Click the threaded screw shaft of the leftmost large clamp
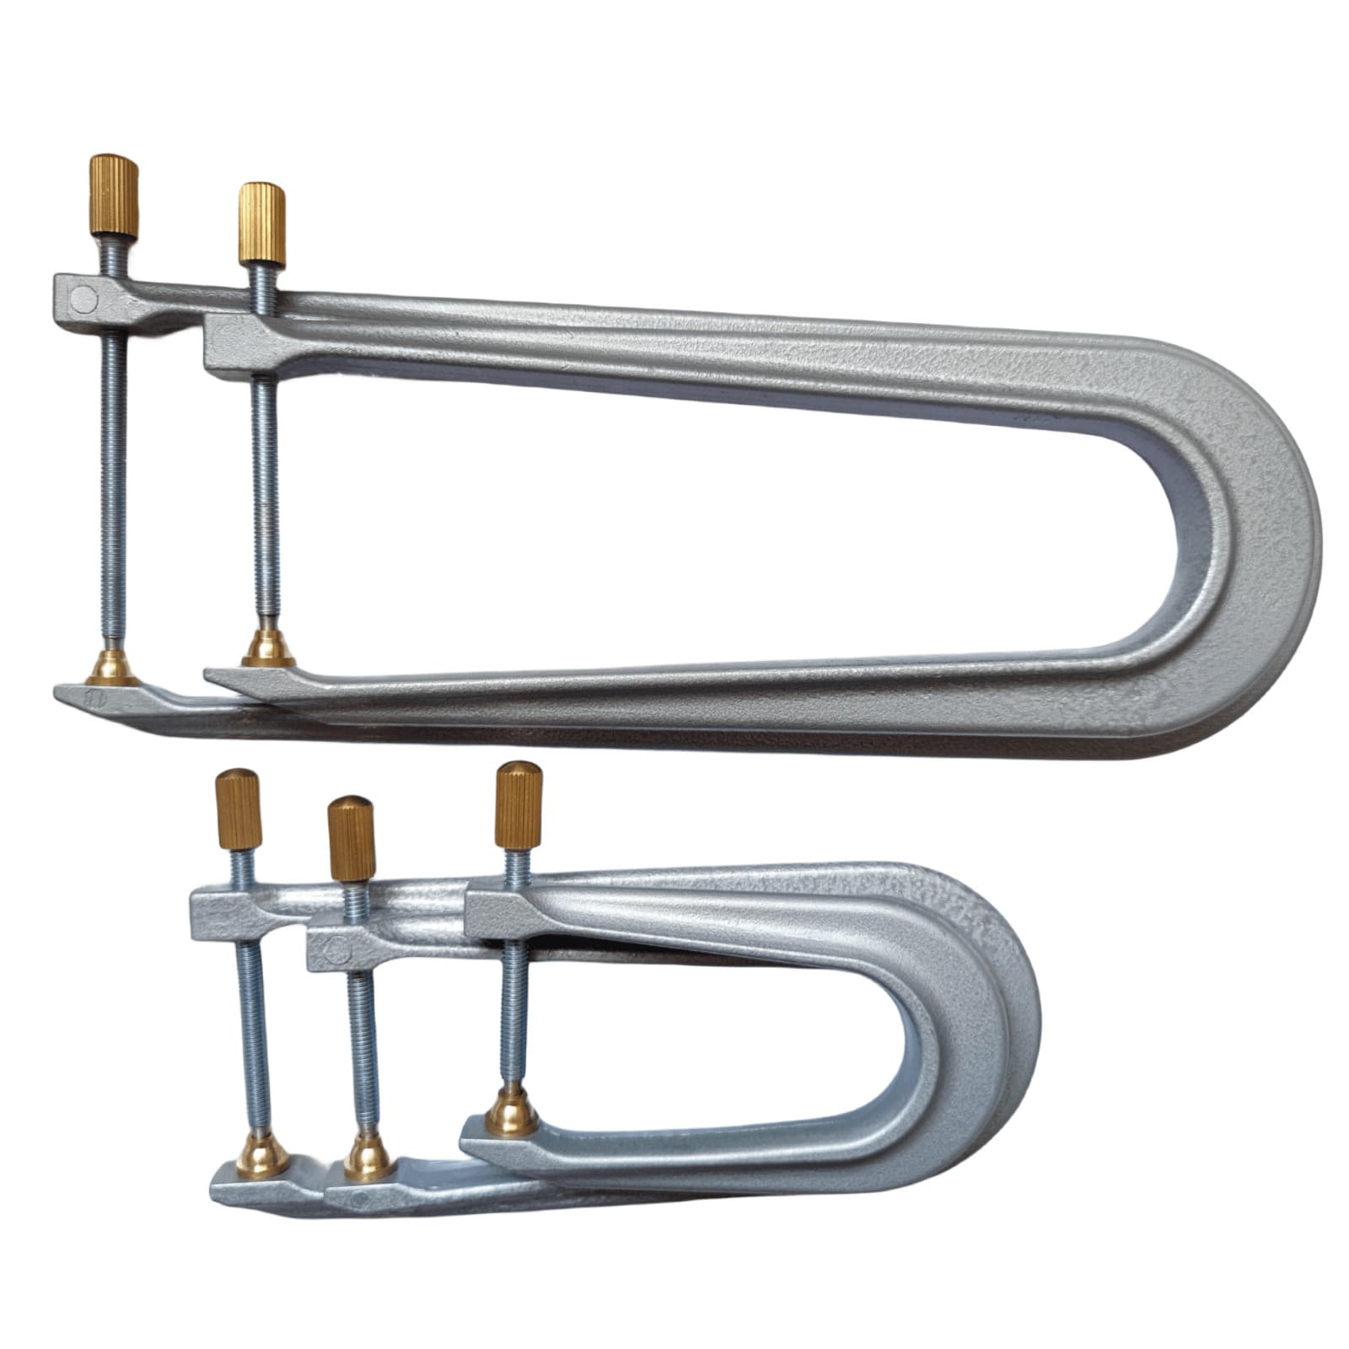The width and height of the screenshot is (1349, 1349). (115, 472)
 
